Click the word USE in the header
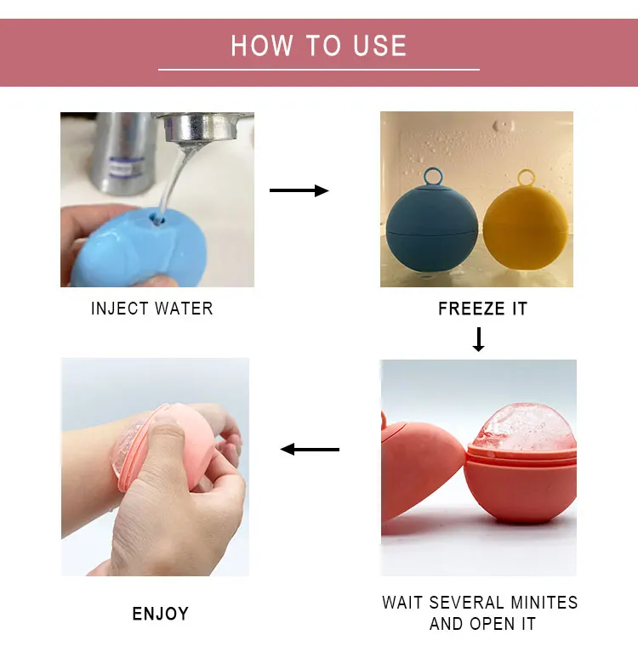click(x=379, y=45)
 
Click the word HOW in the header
click(x=262, y=45)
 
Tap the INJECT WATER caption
click(x=152, y=309)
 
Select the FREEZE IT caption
click(x=482, y=309)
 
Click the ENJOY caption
click(x=160, y=614)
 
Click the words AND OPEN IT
click(x=482, y=624)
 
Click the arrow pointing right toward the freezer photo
click(x=299, y=190)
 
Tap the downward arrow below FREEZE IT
click(x=478, y=339)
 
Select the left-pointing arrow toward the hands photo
click(x=310, y=449)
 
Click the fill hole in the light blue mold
click(x=157, y=219)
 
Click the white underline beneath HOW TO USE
click(x=319, y=70)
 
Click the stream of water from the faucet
click(x=173, y=179)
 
